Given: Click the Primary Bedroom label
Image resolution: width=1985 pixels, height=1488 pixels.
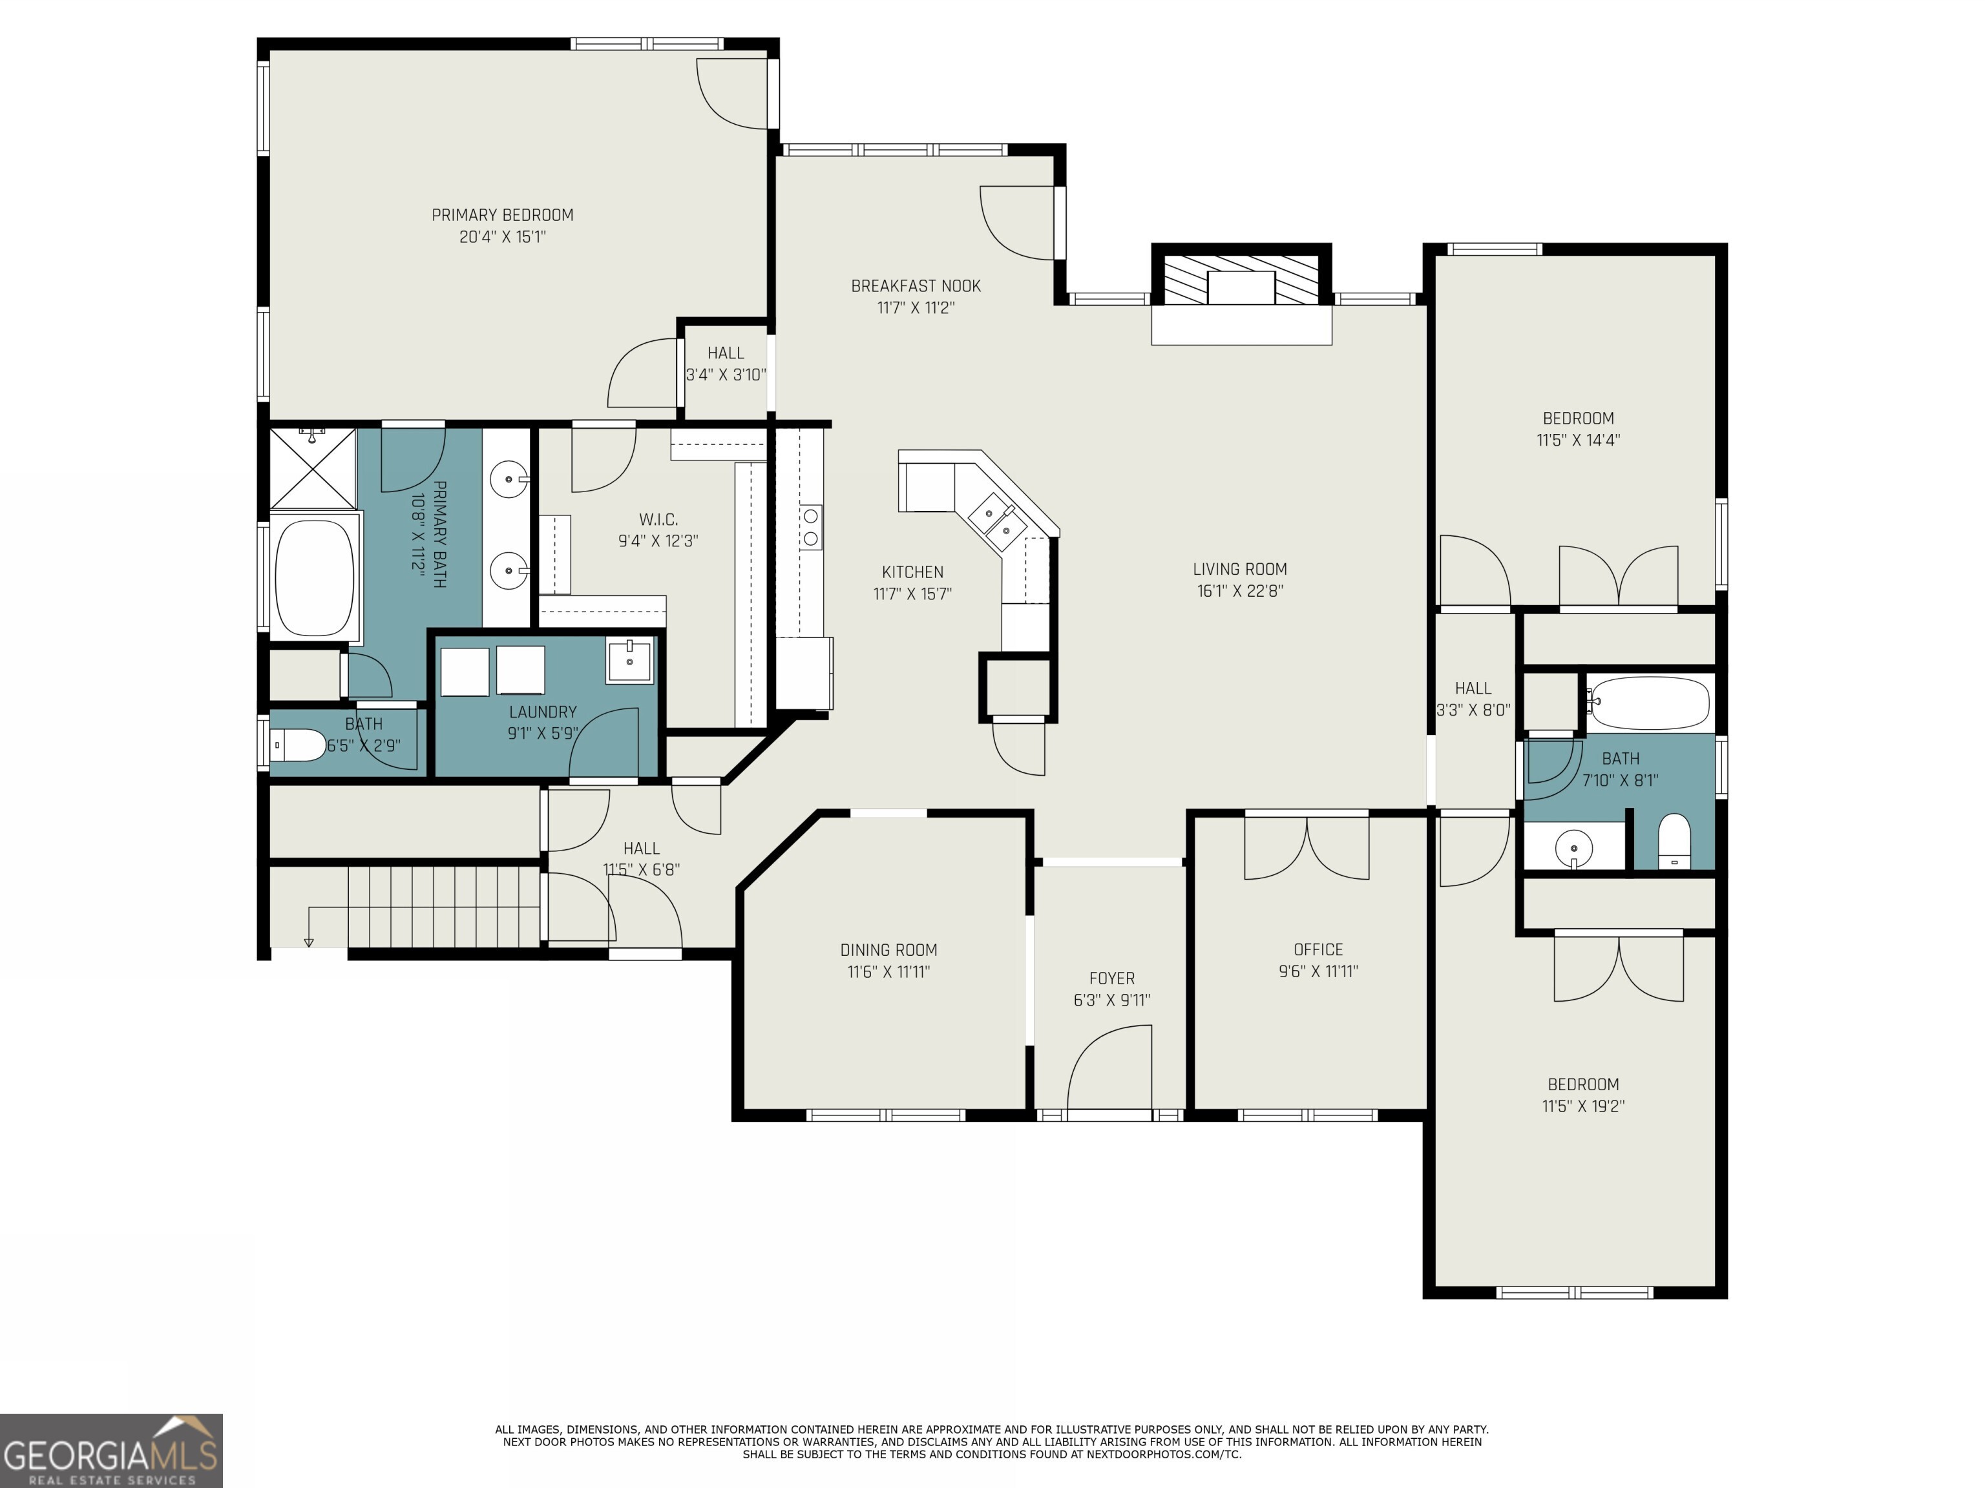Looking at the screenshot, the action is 503,215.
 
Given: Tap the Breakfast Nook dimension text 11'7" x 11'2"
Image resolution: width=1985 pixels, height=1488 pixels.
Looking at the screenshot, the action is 916,307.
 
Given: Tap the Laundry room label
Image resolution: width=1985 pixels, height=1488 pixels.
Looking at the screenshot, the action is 542,712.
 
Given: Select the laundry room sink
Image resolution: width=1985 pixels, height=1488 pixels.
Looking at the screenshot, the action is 629,662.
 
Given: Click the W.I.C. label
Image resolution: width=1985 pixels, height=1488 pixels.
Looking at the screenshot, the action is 658,520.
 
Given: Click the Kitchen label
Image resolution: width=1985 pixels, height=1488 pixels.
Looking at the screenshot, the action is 912,572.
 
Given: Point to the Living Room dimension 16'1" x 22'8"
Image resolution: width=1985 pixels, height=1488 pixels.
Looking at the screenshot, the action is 1240,591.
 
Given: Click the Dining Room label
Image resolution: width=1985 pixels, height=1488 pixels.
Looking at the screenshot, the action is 888,950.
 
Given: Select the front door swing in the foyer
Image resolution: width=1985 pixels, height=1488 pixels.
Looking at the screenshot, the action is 1109,1068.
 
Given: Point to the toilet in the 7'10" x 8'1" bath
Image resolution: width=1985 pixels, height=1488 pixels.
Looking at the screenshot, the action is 1674,842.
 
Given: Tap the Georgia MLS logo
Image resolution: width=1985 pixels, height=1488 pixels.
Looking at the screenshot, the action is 111,1451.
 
